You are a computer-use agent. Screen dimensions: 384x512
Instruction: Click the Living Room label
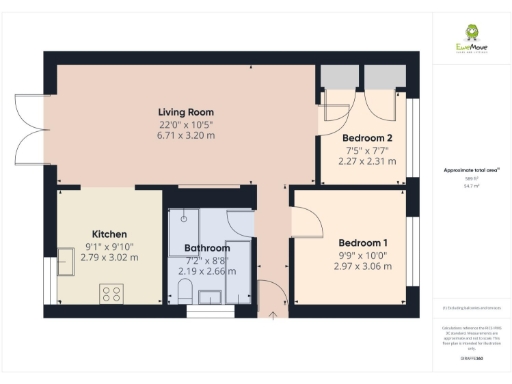(x=186, y=111)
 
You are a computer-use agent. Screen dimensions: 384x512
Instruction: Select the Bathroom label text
(x=207, y=248)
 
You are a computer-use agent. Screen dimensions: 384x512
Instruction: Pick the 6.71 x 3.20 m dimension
(x=186, y=136)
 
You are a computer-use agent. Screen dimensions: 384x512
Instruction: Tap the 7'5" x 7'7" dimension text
(x=362, y=150)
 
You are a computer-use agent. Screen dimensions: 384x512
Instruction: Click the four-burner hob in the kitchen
(x=111, y=293)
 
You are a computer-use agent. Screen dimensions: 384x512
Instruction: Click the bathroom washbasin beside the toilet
(x=212, y=295)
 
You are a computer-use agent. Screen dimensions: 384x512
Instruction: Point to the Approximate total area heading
(x=465, y=171)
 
